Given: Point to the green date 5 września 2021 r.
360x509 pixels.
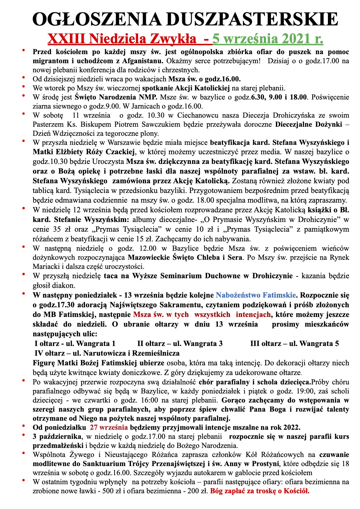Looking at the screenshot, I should [x=268, y=39].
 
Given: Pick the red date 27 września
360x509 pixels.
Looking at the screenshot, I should [x=109, y=428].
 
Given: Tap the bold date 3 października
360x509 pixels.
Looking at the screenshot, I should [x=57, y=437].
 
